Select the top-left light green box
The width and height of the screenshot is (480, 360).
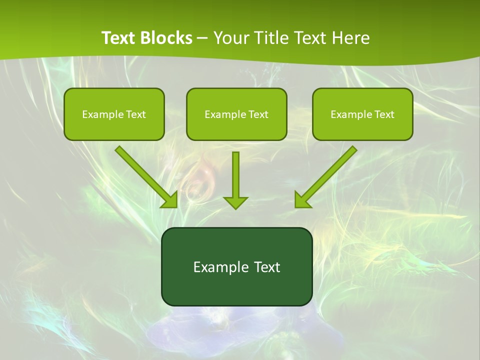[x=114, y=114]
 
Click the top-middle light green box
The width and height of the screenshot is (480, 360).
[x=236, y=114]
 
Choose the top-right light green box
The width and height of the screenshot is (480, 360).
[x=362, y=114]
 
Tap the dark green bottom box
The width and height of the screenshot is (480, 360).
[x=236, y=266]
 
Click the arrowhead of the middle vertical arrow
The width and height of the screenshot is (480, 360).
[x=235, y=202]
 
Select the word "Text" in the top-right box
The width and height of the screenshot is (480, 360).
[x=384, y=114]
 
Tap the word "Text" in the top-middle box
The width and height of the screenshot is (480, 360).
[x=258, y=114]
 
